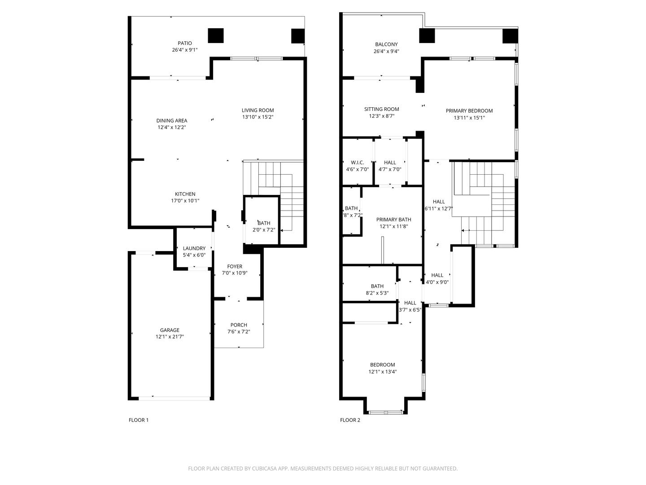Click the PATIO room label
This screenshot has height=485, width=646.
point(184,43)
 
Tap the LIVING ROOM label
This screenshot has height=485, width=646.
point(258,110)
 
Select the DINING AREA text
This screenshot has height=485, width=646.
point(171,120)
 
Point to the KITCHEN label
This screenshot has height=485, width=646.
point(185,194)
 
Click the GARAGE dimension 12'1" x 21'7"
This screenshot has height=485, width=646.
point(170,337)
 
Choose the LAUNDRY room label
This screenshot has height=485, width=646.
point(194,248)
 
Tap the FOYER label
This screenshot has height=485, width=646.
point(235,266)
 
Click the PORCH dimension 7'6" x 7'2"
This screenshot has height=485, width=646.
point(238,331)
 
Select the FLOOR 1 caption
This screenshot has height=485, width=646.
point(138,420)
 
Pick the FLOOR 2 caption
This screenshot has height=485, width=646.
point(350,420)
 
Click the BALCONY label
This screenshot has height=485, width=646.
point(386,44)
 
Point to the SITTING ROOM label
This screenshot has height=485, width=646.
point(381,109)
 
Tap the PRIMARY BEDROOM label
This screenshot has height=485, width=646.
point(469,111)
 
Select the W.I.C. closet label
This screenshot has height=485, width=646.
point(357,162)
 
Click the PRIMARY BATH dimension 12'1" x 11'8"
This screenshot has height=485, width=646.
point(393,226)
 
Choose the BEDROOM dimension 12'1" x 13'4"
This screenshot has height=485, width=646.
point(382,371)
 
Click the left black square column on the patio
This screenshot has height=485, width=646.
point(216,35)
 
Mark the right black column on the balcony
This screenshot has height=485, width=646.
point(510,36)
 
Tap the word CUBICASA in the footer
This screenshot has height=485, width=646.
point(264,468)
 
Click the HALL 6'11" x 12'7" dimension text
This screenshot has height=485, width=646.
point(438,208)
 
